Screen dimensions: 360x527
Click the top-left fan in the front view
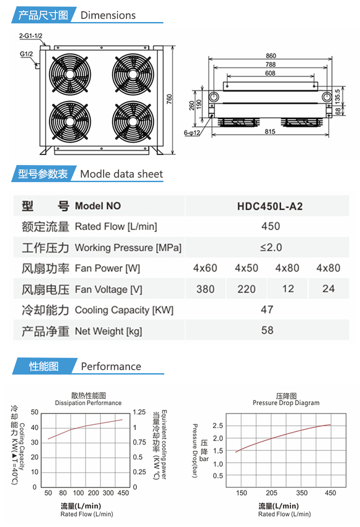[x=70, y=74]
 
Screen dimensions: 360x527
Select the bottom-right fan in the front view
[x=133, y=121]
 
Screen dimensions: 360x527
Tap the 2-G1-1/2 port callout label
[x=31, y=36]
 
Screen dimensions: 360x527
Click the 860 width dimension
[x=270, y=56]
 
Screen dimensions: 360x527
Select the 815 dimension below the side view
[x=270, y=131]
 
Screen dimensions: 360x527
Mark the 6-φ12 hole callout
[x=192, y=133]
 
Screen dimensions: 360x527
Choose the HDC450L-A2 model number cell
[x=270, y=206]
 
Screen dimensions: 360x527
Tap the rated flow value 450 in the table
[x=270, y=226]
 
